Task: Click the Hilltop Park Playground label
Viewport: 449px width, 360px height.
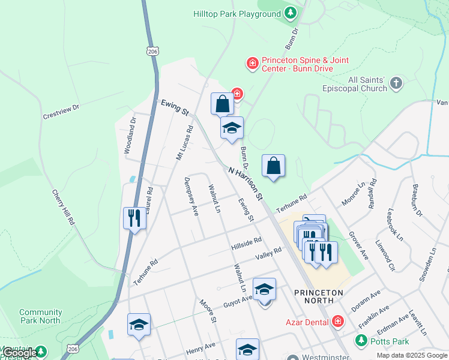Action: click(237, 13)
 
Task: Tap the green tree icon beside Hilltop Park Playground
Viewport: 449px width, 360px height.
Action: click(291, 13)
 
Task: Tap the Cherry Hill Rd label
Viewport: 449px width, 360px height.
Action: click(63, 208)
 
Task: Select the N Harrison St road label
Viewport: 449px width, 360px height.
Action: click(246, 183)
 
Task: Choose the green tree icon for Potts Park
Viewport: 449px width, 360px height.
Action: click(361, 341)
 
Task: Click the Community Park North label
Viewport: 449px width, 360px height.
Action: click(40, 316)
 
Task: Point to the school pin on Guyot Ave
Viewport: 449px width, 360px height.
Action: click(264, 290)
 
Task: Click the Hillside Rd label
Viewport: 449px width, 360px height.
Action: click(246, 244)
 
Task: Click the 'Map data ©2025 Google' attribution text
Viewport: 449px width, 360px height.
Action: click(411, 355)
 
